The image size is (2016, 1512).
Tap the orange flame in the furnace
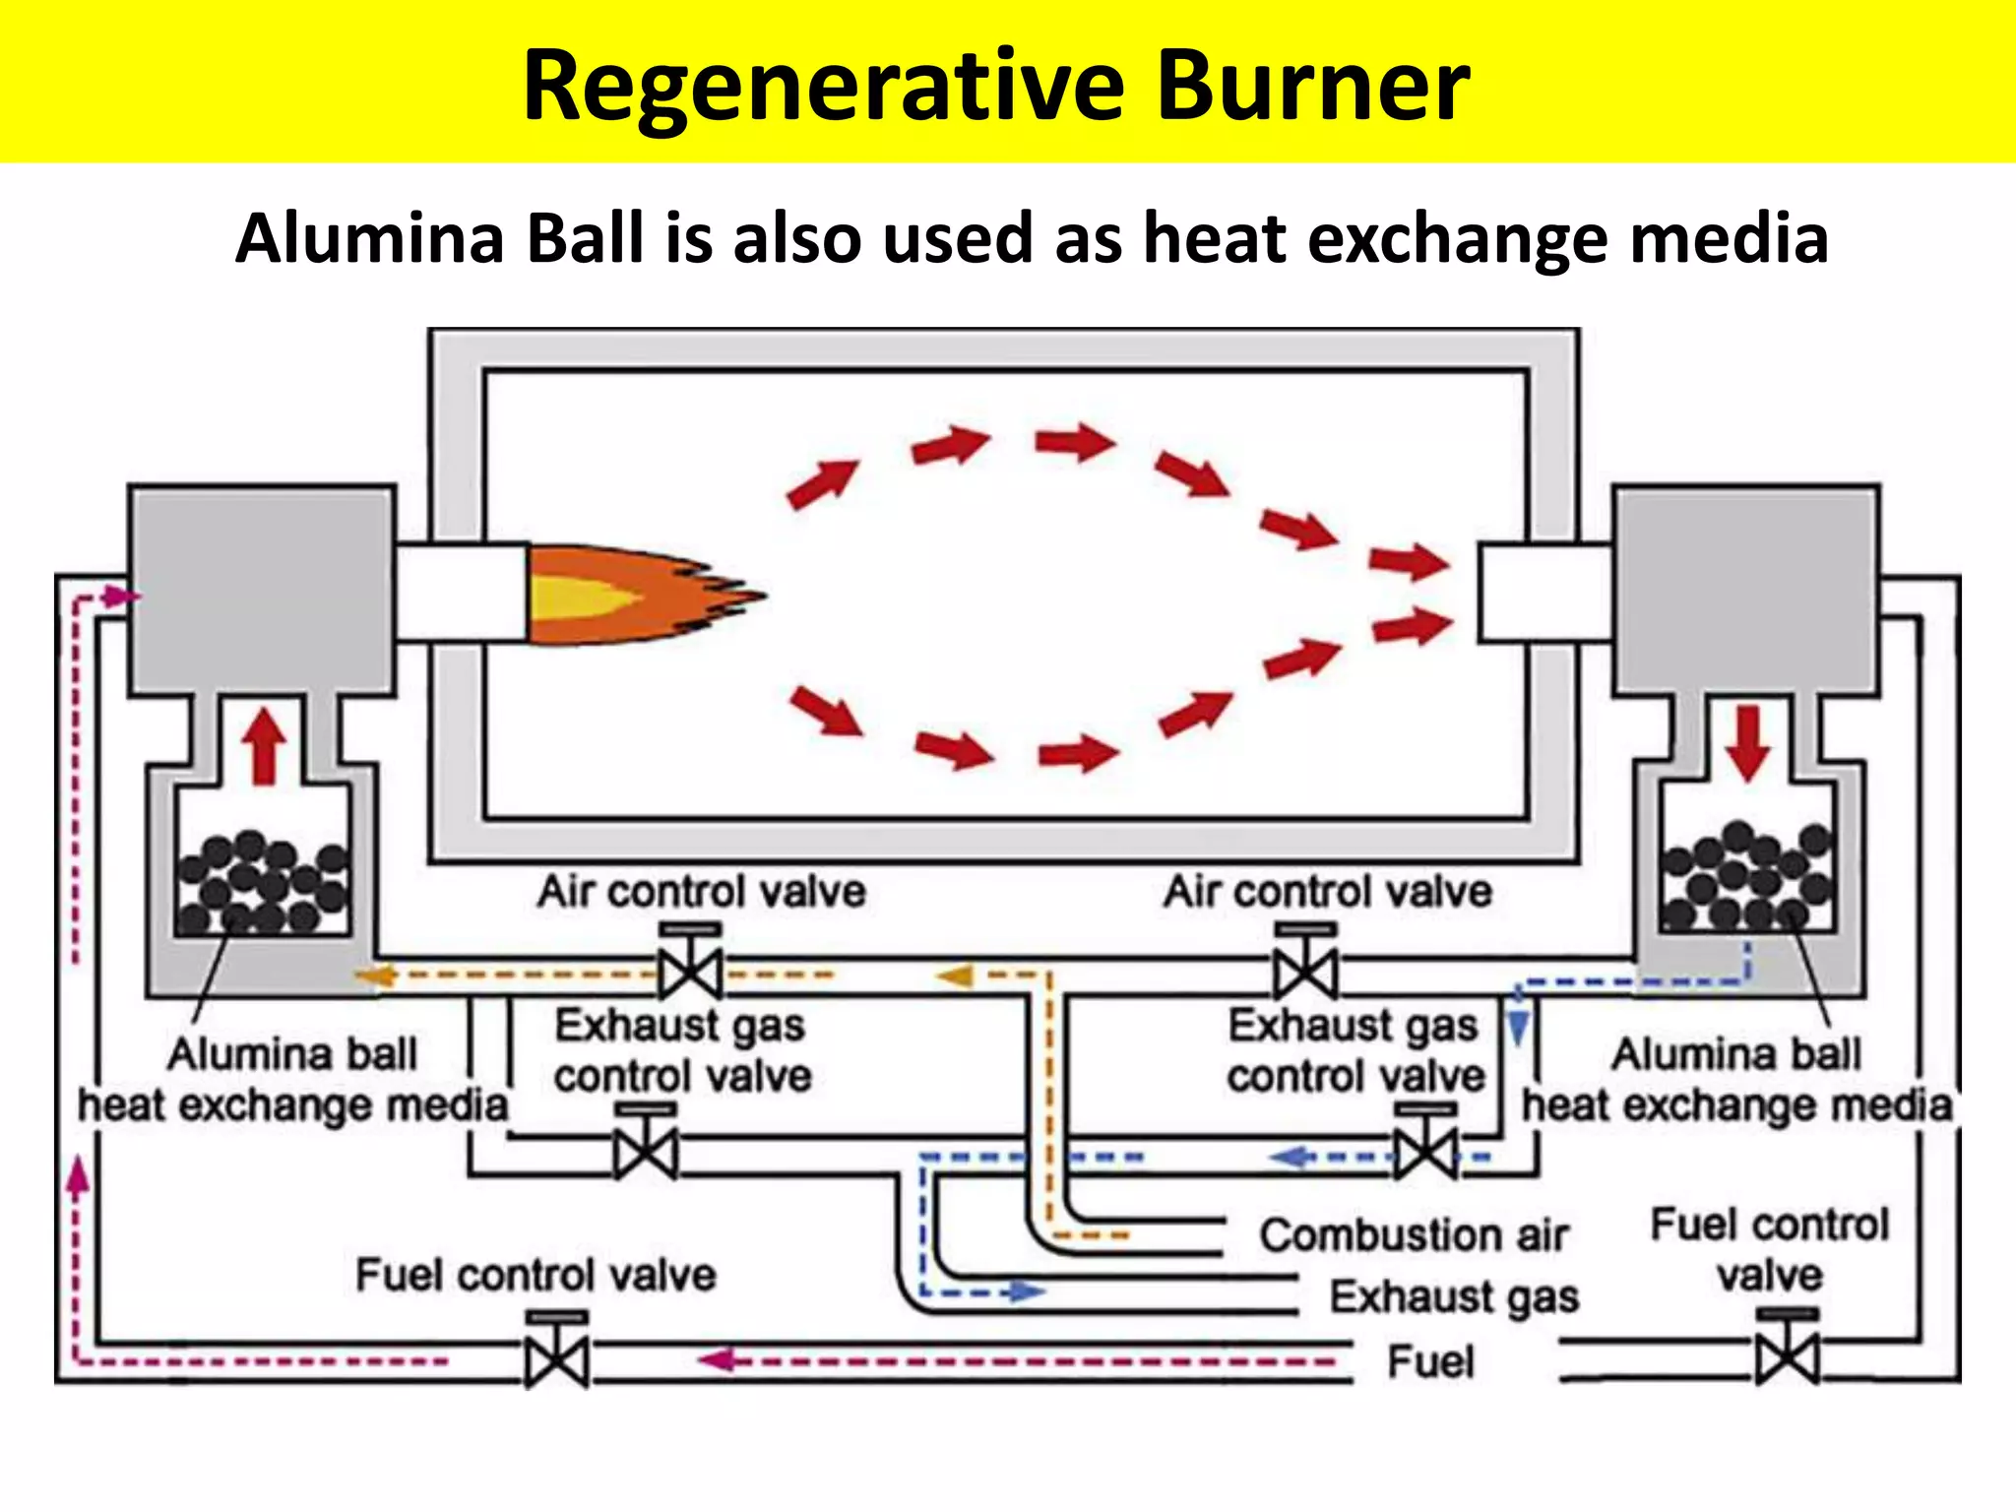(630, 596)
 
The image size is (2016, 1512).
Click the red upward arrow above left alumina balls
(264, 747)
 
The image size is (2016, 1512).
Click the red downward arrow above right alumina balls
(1748, 743)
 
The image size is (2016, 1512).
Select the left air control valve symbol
(690, 971)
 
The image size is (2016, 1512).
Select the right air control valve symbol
(1305, 971)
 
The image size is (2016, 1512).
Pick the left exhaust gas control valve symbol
(645, 1151)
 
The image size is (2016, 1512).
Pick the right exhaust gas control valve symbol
(1425, 1151)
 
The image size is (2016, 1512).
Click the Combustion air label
(1414, 1235)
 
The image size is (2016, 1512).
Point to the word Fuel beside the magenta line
(1430, 1363)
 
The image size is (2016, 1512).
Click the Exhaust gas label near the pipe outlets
(1454, 1297)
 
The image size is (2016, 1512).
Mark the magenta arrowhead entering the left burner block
(122, 597)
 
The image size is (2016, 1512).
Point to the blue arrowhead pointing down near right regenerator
(1519, 1027)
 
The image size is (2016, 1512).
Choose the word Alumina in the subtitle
(369, 239)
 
